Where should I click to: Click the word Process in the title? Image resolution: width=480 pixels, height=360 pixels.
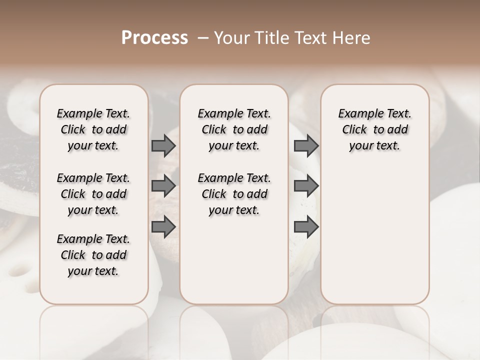[154, 38]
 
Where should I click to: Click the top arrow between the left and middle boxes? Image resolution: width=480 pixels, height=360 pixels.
[163, 146]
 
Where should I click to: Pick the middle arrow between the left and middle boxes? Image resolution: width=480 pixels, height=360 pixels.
[163, 186]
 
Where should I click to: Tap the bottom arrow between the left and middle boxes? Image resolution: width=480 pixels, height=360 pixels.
[163, 226]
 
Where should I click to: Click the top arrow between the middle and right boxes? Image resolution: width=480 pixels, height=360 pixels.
[306, 146]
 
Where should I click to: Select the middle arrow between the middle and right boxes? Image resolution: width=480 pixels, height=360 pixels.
[306, 186]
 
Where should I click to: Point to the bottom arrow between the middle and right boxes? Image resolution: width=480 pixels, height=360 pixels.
[306, 226]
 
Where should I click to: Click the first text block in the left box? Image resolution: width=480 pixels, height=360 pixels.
[93, 129]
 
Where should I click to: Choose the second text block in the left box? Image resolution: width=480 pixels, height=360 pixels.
[93, 194]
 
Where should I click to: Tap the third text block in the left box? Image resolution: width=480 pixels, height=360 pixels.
[93, 255]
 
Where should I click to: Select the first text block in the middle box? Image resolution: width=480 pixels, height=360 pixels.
[234, 129]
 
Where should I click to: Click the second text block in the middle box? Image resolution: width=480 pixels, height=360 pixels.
[234, 194]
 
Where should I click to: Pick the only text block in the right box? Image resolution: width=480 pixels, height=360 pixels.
[375, 129]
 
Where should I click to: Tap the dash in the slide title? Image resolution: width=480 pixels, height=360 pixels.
[202, 38]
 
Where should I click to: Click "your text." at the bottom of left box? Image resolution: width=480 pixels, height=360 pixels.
[93, 271]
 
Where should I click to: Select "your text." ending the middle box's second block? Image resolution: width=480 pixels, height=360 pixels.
[234, 210]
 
